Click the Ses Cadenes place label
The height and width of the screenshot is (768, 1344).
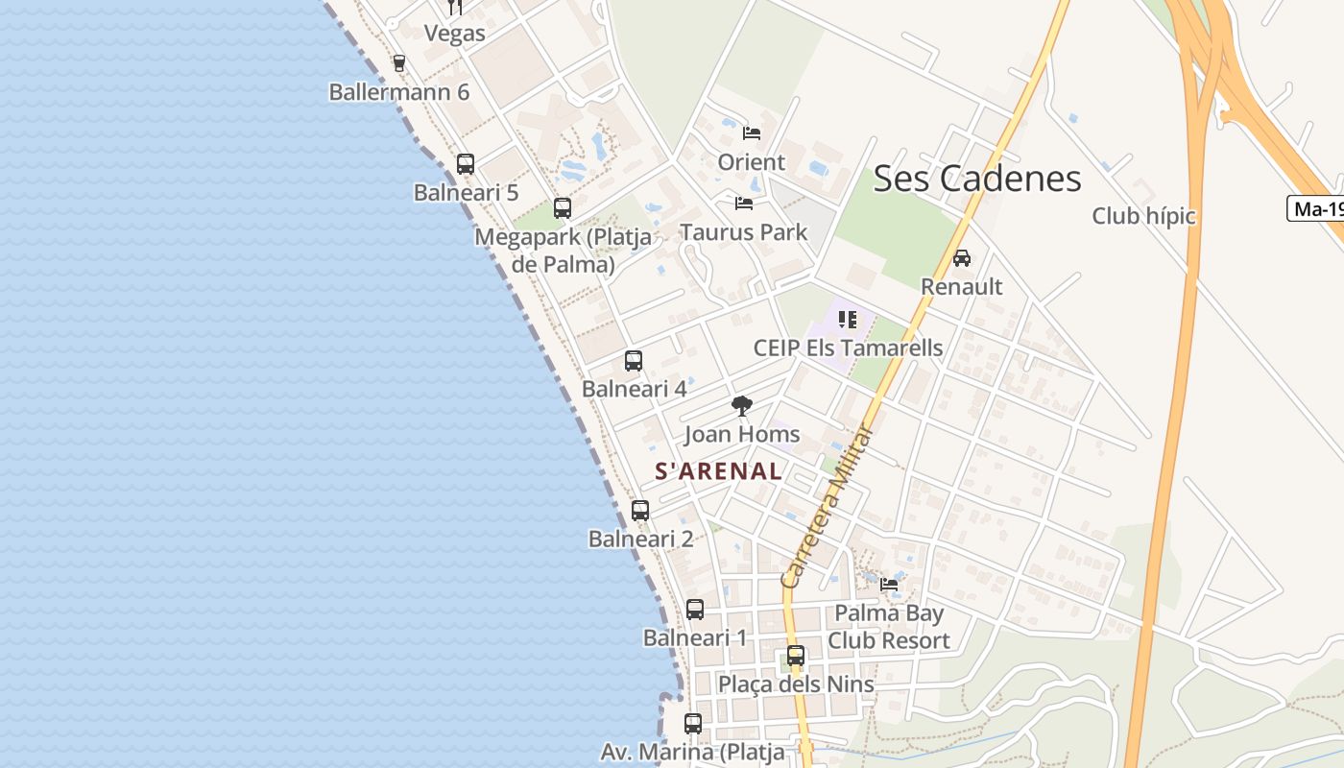977,179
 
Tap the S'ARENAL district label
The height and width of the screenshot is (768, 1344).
718,471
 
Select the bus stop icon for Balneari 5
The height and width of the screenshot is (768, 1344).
466,164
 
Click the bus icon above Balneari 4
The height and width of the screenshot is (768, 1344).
634,361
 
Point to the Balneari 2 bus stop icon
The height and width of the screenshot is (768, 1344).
640,511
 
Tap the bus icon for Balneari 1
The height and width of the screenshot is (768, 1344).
695,610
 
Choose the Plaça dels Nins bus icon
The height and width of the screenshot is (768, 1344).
796,657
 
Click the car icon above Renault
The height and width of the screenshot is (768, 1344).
961,258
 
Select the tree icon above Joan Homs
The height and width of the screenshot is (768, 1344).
741,406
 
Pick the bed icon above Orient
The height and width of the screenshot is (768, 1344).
752,133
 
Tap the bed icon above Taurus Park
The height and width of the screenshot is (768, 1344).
744,204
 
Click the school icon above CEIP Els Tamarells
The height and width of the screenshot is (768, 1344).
847,320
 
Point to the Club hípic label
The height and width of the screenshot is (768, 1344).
1143,216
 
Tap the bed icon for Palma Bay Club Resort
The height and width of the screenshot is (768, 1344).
889,584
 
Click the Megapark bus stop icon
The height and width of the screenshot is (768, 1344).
563,208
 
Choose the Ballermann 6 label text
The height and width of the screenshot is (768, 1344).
399,92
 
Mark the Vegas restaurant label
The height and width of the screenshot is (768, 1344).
455,34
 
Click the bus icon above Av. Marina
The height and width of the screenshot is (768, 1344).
693,724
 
